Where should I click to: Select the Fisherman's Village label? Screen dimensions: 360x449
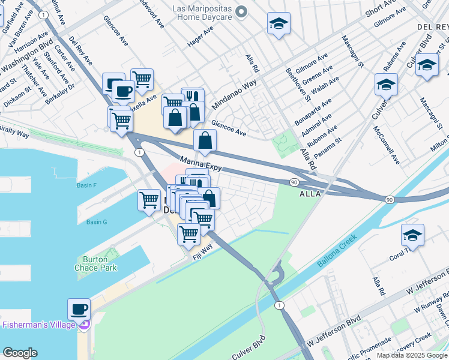(39, 325)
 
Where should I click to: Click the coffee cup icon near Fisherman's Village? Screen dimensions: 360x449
(79, 310)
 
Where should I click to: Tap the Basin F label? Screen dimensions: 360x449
(87, 185)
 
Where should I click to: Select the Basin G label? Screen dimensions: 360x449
(96, 222)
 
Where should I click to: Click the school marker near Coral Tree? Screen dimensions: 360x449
(412, 236)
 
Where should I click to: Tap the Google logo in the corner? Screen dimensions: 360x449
(20, 353)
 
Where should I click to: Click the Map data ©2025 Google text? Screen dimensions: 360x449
(412, 355)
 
